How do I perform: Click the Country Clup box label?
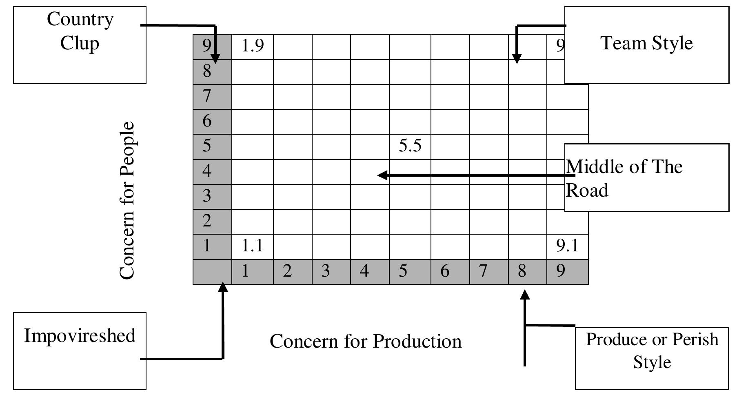tap(80, 31)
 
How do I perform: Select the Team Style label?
tap(647, 43)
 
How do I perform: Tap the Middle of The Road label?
tap(624, 178)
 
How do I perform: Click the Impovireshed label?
tap(80, 335)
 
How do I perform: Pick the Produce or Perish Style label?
tap(652, 351)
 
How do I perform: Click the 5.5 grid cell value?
tap(410, 146)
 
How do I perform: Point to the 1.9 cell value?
tap(253, 46)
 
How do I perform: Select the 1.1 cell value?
tap(252, 246)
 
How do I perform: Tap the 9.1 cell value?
tap(567, 246)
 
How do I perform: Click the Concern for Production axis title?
tap(366, 341)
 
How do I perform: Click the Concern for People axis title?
tap(127, 200)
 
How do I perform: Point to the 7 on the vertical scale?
tap(207, 96)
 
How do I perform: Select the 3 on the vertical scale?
tap(207, 196)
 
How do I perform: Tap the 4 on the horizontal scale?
tap(364, 271)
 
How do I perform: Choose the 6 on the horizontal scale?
tap(445, 271)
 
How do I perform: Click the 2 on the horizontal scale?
tap(287, 271)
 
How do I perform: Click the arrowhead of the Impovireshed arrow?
tap(223, 287)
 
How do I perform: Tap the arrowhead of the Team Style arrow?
tap(517, 59)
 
